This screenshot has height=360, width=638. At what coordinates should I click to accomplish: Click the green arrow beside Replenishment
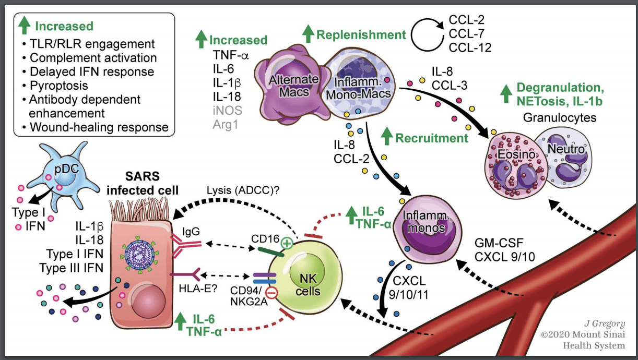pos(308,35)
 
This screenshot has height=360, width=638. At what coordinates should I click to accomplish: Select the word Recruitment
pos(432,138)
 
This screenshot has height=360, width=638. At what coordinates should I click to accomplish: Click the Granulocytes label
pos(559,117)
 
